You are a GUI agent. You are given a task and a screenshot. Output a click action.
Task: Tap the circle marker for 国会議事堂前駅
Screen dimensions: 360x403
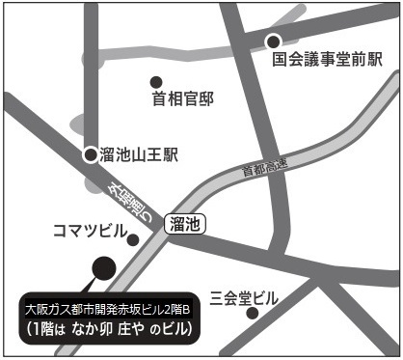click(x=274, y=41)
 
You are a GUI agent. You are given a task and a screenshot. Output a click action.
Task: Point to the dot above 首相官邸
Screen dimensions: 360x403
click(x=156, y=81)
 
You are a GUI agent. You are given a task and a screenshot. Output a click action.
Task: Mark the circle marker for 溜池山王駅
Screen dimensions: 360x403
click(x=90, y=154)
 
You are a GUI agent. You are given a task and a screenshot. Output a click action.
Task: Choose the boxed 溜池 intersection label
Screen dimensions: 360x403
click(x=184, y=224)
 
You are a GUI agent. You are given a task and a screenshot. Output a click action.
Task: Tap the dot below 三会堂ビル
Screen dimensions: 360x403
click(x=253, y=314)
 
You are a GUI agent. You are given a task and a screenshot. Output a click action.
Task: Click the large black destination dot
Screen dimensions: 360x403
click(x=101, y=267)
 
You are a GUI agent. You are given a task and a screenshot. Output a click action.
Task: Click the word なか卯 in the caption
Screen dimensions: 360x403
click(x=109, y=329)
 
